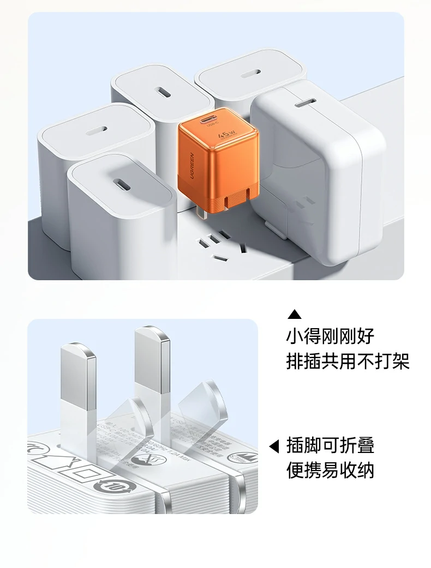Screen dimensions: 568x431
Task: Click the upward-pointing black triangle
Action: pyautogui.click(x=295, y=314)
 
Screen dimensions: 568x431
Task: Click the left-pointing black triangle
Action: pyautogui.click(x=274, y=446)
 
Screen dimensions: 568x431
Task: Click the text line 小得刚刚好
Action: pyautogui.click(x=330, y=336)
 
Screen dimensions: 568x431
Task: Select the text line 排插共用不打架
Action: pyautogui.click(x=348, y=361)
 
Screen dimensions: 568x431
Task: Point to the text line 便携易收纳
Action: pyautogui.click(x=330, y=470)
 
